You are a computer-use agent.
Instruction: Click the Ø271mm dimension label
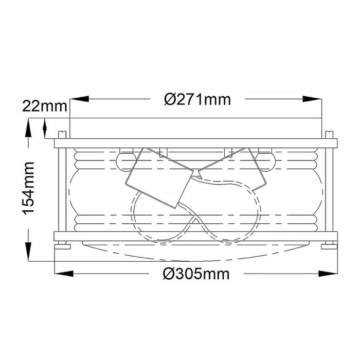(x=197, y=100)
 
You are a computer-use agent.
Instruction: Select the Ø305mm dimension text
(x=196, y=274)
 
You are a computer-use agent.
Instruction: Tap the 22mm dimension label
(x=45, y=106)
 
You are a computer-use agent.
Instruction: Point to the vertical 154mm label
(x=28, y=188)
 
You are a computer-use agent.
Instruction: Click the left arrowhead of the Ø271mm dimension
(x=79, y=99)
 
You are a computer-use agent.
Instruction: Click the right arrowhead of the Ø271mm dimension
(x=312, y=99)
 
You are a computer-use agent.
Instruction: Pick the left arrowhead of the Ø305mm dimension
(x=64, y=274)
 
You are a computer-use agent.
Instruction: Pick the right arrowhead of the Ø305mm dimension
(x=328, y=274)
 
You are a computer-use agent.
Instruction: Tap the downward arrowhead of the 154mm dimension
(x=28, y=251)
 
